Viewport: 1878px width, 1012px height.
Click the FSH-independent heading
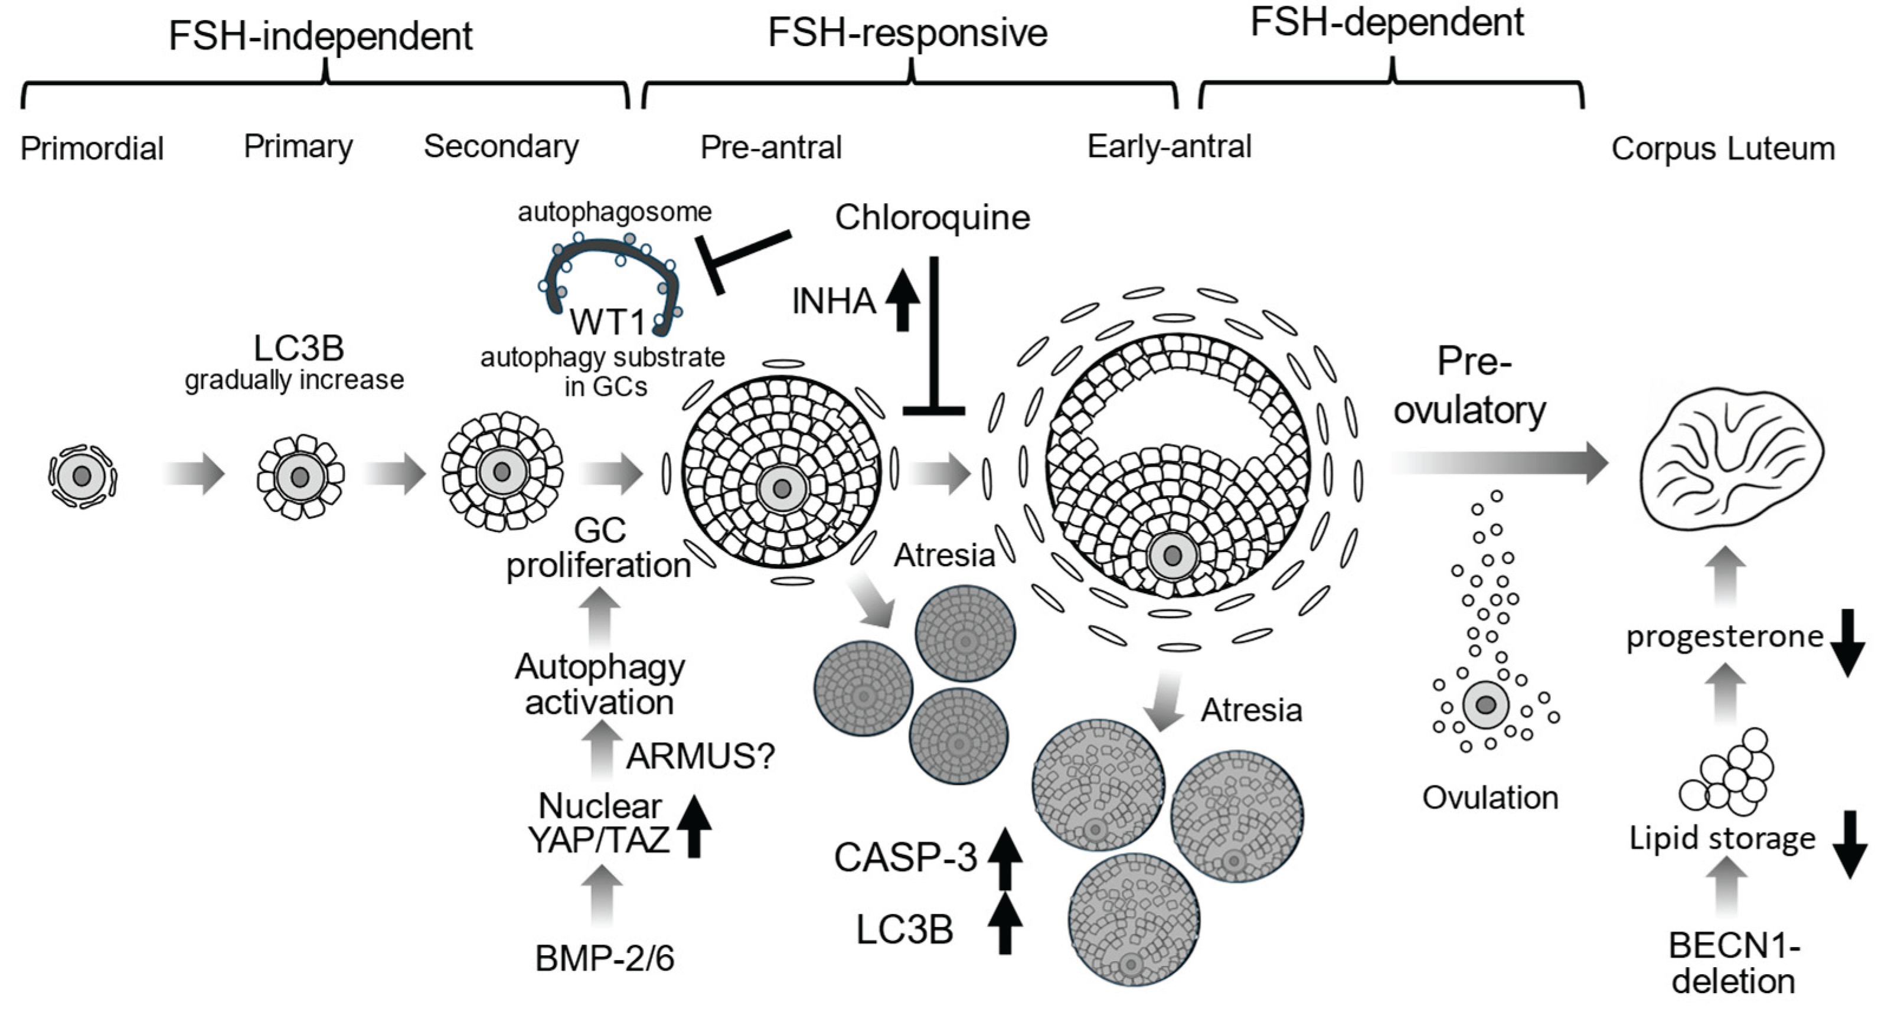click(x=321, y=37)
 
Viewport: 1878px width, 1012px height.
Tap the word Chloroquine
click(x=932, y=217)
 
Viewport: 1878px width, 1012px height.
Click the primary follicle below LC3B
click(x=300, y=478)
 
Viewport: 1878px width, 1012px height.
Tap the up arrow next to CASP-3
click(x=1005, y=857)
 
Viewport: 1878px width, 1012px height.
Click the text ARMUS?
click(x=700, y=756)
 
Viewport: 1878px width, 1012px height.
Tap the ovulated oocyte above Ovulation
click(x=1486, y=704)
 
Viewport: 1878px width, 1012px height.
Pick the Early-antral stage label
click(x=1168, y=146)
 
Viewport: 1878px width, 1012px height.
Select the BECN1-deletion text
click(x=1733, y=964)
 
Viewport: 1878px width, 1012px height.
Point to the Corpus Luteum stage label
click(x=1722, y=149)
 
